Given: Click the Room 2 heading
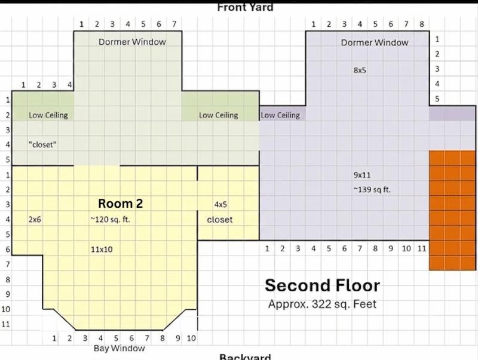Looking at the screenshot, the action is pyautogui.click(x=121, y=204).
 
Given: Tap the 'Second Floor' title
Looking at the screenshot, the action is pyautogui.click(x=322, y=285).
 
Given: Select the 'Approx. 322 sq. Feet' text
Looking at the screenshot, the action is pyautogui.click(x=322, y=304).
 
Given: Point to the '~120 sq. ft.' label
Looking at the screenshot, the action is pyautogui.click(x=110, y=219).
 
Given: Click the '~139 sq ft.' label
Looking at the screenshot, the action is pyautogui.click(x=372, y=189).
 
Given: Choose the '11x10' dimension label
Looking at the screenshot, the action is pyautogui.click(x=102, y=250).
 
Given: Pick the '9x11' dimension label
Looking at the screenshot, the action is pyautogui.click(x=362, y=175).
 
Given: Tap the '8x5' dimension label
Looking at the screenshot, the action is pyautogui.click(x=360, y=70).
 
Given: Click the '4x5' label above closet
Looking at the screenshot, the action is pyautogui.click(x=220, y=204).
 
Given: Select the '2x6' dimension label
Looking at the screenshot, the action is pyautogui.click(x=35, y=219).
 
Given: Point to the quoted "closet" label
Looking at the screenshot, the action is pyautogui.click(x=42, y=144).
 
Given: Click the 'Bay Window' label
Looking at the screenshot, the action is pyautogui.click(x=119, y=348).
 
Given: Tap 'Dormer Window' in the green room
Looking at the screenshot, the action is pyautogui.click(x=132, y=42).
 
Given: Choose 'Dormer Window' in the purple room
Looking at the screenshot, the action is pyautogui.click(x=375, y=42).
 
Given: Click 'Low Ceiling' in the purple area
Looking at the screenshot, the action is pyautogui.click(x=280, y=115).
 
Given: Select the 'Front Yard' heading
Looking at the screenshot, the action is pyautogui.click(x=245, y=8).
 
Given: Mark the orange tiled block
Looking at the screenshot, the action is pyautogui.click(x=452, y=210).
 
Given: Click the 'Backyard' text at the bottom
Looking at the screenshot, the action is pyautogui.click(x=245, y=356).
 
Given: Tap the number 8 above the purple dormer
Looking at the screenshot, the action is pyautogui.click(x=422, y=24).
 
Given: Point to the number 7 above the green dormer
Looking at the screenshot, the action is pyautogui.click(x=174, y=24).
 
